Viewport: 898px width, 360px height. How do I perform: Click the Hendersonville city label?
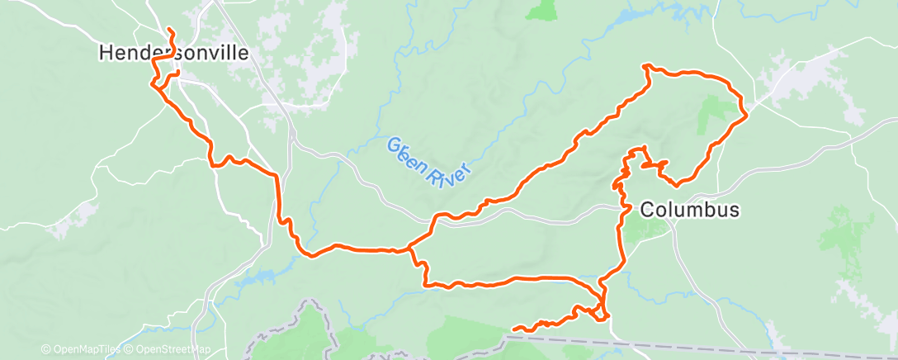pyautogui.click(x=173, y=53)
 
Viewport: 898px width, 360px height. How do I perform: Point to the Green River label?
pyautogui.click(x=430, y=163)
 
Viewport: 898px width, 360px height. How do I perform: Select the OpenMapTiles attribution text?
pyautogui.click(x=80, y=349)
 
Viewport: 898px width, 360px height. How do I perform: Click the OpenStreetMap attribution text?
pyautogui.click(x=169, y=349)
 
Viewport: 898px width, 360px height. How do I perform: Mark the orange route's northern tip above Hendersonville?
pyautogui.click(x=170, y=31)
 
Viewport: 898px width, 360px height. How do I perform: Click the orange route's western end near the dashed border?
pyautogui.click(x=514, y=329)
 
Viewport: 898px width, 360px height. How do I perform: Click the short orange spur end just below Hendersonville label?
pyautogui.click(x=177, y=74)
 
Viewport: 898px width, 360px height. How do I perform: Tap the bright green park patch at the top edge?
pyautogui.click(x=541, y=10)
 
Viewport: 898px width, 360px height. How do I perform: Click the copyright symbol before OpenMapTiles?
pyautogui.click(x=45, y=349)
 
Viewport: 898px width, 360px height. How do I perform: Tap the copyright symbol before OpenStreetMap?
pyautogui.click(x=129, y=349)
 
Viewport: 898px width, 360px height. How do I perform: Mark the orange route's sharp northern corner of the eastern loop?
pyautogui.click(x=644, y=64)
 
